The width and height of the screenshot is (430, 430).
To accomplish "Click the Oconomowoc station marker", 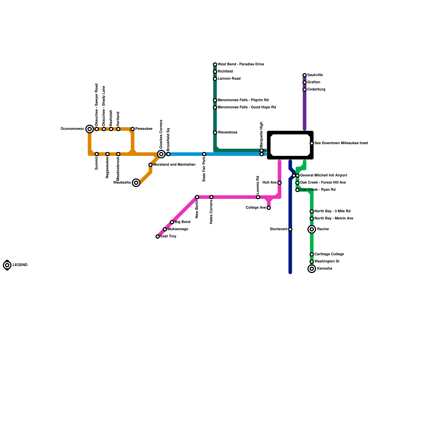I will [x=89, y=129].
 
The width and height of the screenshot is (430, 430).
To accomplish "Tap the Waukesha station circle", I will [x=136, y=183].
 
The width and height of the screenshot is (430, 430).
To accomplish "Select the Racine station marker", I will [x=312, y=229].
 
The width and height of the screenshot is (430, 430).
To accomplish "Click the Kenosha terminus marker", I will [x=312, y=269].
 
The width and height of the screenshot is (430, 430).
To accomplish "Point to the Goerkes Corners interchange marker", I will [x=161, y=154].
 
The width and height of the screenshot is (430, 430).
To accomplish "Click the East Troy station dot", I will [x=158, y=236].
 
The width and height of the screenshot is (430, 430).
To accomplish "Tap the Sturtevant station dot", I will [x=290, y=229].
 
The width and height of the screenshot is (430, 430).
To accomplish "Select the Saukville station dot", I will [x=304, y=75].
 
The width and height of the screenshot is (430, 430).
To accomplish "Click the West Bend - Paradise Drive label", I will [x=241, y=64].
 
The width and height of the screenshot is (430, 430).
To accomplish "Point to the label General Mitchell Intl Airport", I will [x=324, y=175].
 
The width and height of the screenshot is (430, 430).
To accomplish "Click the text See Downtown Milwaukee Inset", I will [x=341, y=143].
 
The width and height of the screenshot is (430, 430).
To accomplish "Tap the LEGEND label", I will [x=20, y=265].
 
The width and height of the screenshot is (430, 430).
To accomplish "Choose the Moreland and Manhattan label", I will [x=174, y=165].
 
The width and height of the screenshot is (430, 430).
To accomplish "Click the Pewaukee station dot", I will [x=132, y=129].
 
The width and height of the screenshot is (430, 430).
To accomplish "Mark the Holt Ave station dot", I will [x=279, y=183].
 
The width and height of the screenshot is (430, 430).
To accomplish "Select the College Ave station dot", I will [x=269, y=208].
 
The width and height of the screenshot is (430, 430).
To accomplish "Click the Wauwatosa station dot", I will [x=215, y=132].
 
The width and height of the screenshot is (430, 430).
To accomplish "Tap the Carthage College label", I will [x=329, y=254].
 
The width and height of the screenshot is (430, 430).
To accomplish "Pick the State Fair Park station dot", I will [x=204, y=154].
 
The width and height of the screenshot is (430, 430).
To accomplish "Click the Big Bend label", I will [x=182, y=222].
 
